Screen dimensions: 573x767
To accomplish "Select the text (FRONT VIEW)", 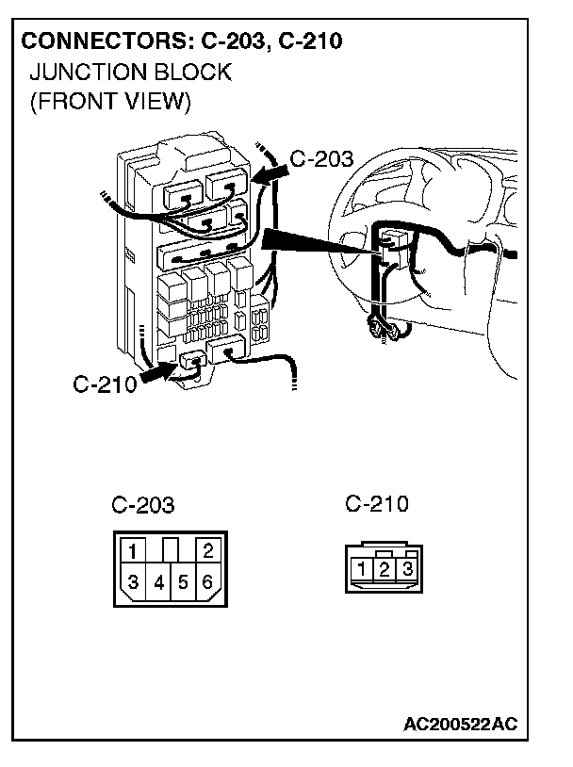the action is pyautogui.click(x=110, y=102).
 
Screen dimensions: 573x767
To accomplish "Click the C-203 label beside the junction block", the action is pyautogui.click(x=321, y=159).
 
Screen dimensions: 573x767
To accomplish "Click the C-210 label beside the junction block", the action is pyautogui.click(x=105, y=384).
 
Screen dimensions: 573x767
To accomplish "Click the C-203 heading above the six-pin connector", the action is pyautogui.click(x=143, y=505).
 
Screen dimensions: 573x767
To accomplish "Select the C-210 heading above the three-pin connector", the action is pyautogui.click(x=377, y=503).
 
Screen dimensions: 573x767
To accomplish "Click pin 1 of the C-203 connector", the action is pyautogui.click(x=133, y=550).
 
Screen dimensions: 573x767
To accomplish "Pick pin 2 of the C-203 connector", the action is pyautogui.click(x=208, y=550).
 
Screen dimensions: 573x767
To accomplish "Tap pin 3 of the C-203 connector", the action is pyautogui.click(x=132, y=581).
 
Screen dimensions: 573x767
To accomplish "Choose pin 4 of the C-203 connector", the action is pyautogui.click(x=158, y=582).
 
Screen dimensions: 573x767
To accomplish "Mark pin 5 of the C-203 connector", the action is pyautogui.click(x=183, y=582).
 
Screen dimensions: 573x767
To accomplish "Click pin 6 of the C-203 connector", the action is pyautogui.click(x=207, y=581).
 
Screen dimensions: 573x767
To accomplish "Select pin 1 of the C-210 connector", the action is pyautogui.click(x=362, y=569).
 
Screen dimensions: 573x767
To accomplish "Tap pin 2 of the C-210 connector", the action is pyautogui.click(x=385, y=569).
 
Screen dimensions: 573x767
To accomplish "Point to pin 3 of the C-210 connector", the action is pyautogui.click(x=407, y=569).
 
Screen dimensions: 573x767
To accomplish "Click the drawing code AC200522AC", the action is pyautogui.click(x=460, y=724).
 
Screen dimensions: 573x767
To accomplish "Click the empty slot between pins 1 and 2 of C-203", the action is pyautogui.click(x=171, y=550).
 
